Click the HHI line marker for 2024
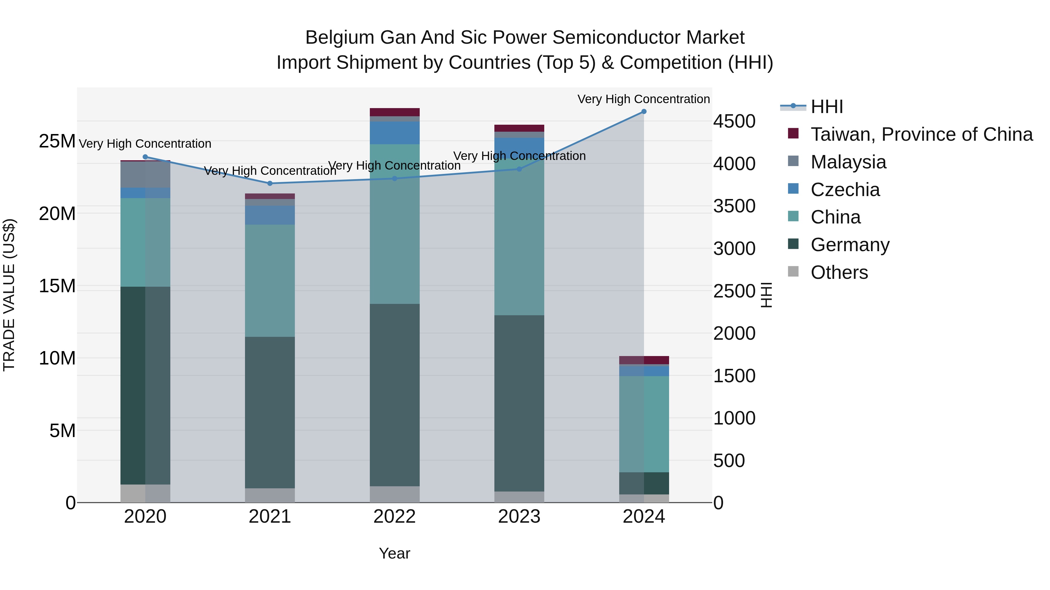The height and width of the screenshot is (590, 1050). click(x=644, y=112)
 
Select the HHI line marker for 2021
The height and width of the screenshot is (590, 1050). click(x=270, y=184)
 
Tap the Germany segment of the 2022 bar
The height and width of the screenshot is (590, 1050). click(x=395, y=395)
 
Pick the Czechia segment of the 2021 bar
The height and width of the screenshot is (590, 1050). click(x=270, y=215)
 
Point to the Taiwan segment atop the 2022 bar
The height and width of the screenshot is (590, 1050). click(x=395, y=112)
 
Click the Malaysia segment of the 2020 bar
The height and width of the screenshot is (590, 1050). click(x=145, y=174)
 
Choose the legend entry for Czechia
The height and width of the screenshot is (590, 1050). click(x=845, y=190)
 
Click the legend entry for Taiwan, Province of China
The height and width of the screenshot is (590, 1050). click(x=921, y=134)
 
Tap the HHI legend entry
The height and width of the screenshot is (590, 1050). click(x=826, y=107)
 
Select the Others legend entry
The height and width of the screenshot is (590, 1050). click(x=839, y=272)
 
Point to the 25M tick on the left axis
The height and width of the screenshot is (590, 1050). click(x=57, y=141)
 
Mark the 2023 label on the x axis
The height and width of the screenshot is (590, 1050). click(x=519, y=517)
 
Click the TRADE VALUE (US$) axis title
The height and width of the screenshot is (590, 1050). click(x=9, y=295)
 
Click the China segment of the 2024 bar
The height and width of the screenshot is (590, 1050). click(x=644, y=423)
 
